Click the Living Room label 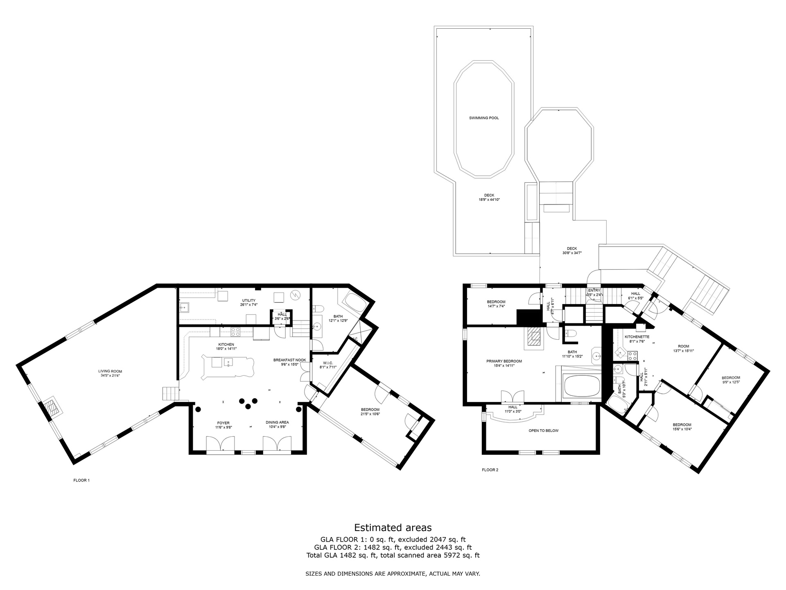tap(111, 372)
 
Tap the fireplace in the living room tap(53, 408)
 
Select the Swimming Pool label tap(484, 118)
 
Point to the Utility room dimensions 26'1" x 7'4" tap(248, 305)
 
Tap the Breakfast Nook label tap(289, 360)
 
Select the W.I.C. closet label tap(327, 363)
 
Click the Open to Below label tap(543, 431)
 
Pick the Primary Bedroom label tap(504, 361)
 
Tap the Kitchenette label tap(637, 337)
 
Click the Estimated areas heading tap(393, 527)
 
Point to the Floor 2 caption tap(490, 470)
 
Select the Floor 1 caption tap(81, 480)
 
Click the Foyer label tap(223, 423)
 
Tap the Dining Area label tap(277, 422)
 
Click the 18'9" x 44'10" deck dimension tap(489, 200)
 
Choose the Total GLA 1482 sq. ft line tap(393, 556)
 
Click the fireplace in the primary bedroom tap(534, 337)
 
